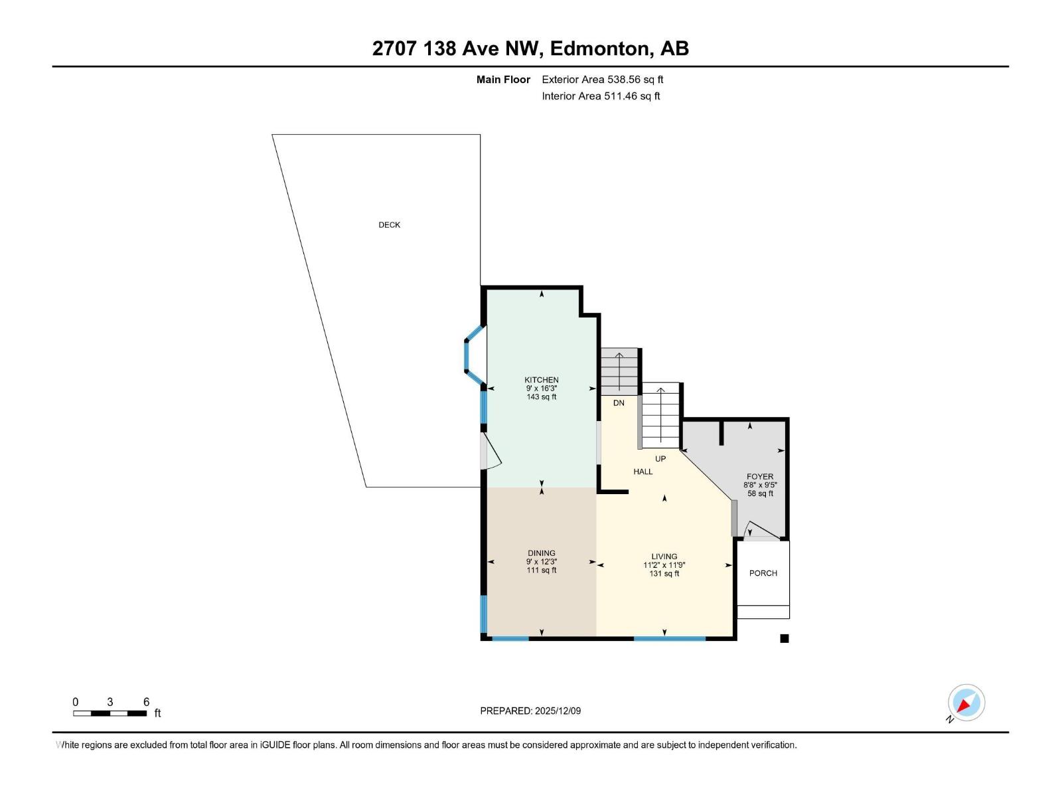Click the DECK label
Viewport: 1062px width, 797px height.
(x=389, y=225)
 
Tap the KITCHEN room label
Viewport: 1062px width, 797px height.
(x=542, y=380)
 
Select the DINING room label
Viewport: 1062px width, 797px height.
(x=542, y=553)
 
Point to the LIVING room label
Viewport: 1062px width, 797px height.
(x=664, y=557)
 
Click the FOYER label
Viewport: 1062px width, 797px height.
(x=760, y=476)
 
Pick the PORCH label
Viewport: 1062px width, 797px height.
(x=763, y=573)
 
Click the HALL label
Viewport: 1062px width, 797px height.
(x=643, y=472)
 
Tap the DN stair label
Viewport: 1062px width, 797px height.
(x=619, y=403)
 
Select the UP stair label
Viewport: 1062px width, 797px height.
(x=660, y=459)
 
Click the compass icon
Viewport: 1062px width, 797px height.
(x=966, y=703)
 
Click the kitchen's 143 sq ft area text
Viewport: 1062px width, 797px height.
(x=542, y=397)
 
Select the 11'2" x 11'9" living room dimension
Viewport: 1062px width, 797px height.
(x=664, y=565)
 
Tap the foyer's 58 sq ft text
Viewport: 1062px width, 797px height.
(x=760, y=493)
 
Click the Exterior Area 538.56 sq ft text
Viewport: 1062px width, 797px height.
(x=602, y=80)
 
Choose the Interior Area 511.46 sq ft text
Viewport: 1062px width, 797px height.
(x=601, y=96)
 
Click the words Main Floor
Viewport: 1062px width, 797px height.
(x=503, y=80)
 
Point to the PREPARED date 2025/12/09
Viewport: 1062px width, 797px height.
(x=530, y=711)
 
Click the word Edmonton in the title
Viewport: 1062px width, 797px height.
(x=599, y=48)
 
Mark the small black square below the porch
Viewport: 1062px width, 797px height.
(x=784, y=639)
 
